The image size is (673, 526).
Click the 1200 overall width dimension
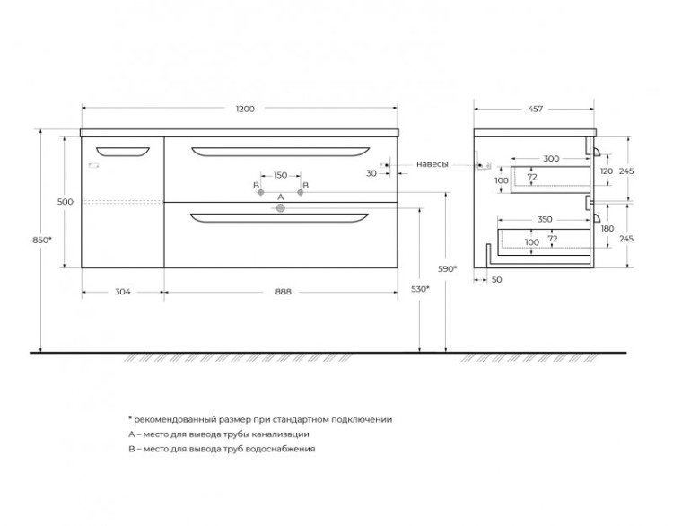[245, 109]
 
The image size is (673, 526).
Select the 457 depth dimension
[535, 110]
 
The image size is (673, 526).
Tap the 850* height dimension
[42, 240]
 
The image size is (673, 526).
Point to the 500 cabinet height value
[66, 202]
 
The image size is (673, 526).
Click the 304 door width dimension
[123, 292]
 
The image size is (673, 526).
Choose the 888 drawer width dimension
[283, 292]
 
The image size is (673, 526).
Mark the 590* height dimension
[447, 268]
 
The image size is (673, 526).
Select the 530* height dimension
[420, 289]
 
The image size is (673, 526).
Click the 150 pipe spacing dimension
[280, 175]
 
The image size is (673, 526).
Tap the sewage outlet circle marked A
[281, 208]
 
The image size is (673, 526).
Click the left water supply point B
[260, 192]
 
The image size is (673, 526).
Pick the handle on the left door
[123, 152]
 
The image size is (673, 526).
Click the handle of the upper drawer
[280, 152]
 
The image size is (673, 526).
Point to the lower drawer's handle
[279, 218]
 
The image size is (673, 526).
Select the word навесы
[433, 164]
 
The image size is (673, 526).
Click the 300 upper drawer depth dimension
[551, 159]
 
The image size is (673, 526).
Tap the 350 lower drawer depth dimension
[545, 219]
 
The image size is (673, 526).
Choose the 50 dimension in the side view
[496, 280]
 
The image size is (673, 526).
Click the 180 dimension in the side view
[607, 228]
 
